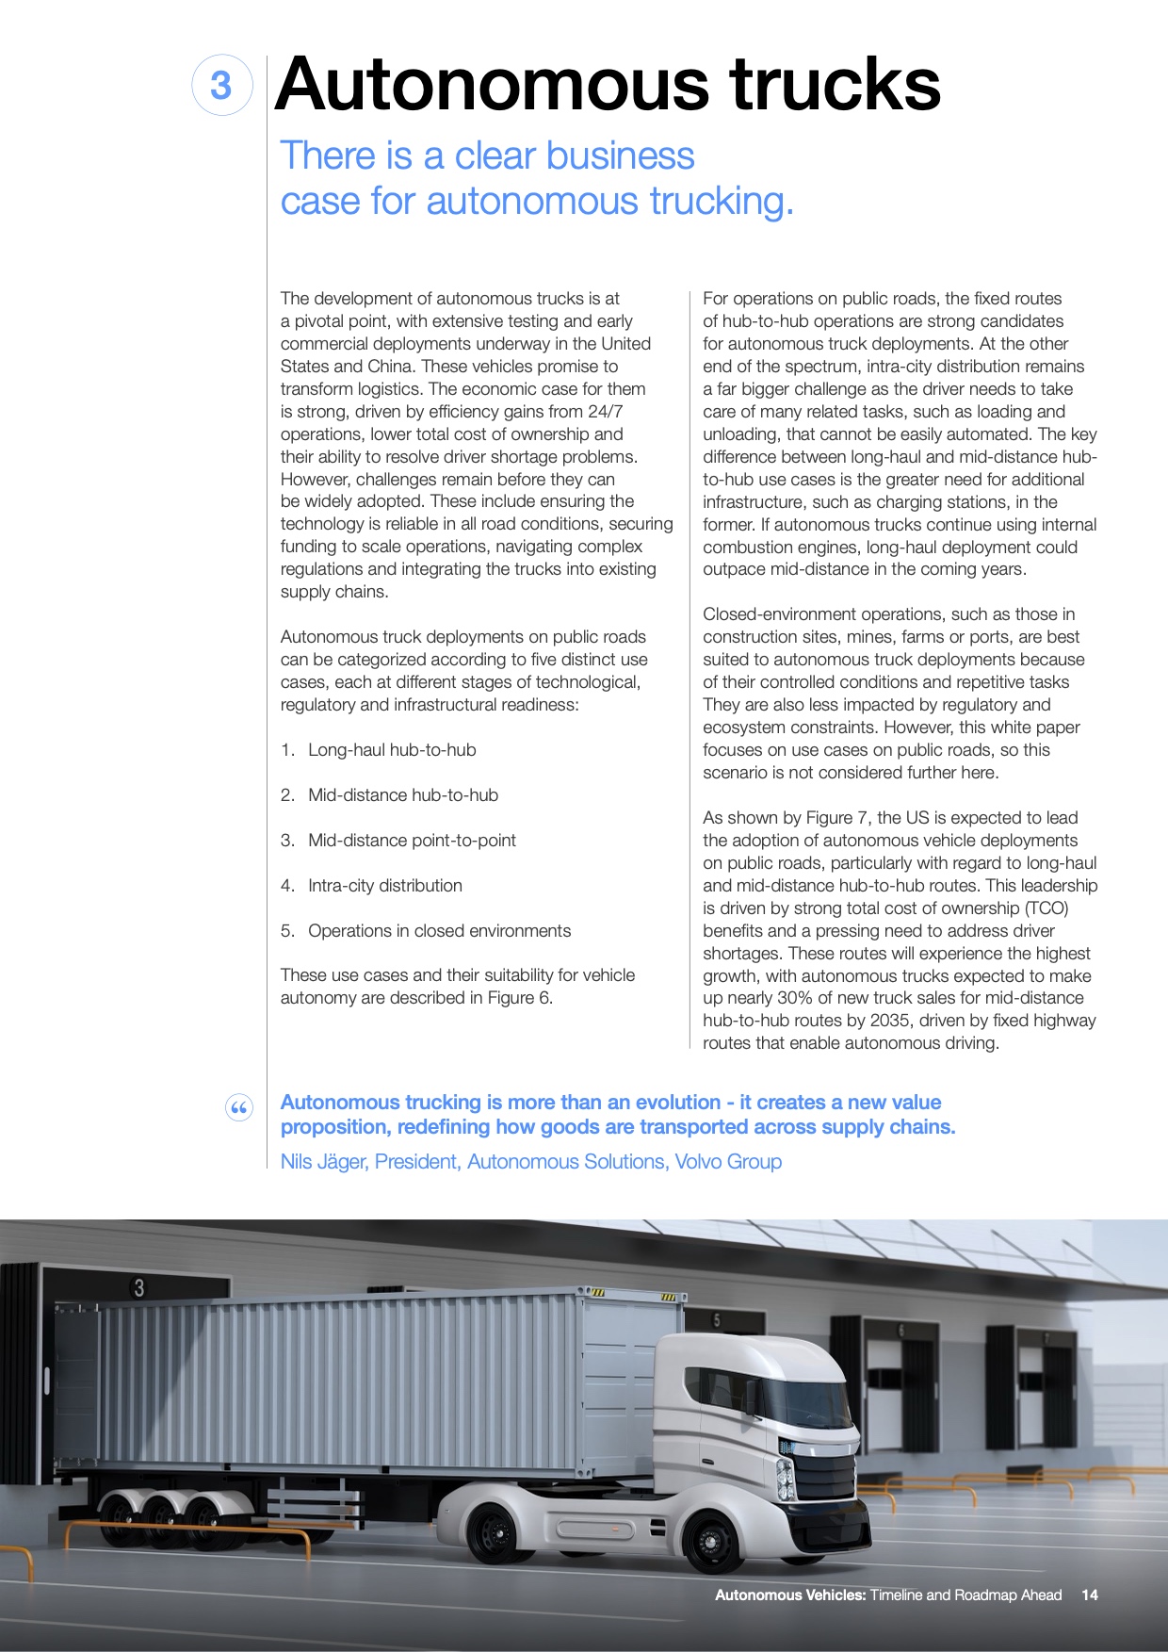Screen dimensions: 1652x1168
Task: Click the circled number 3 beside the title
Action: tap(221, 86)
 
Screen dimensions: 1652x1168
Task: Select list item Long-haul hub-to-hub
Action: tap(392, 750)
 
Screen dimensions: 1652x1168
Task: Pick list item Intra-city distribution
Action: tap(384, 886)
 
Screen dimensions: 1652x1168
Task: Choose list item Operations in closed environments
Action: tap(439, 931)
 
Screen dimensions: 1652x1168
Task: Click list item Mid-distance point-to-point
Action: tap(412, 841)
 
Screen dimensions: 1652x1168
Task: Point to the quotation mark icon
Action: tap(239, 1108)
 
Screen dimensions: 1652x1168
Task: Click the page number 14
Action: tap(1090, 1595)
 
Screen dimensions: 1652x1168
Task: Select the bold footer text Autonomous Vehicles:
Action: tap(789, 1595)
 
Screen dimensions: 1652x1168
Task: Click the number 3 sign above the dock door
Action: tap(139, 1288)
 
